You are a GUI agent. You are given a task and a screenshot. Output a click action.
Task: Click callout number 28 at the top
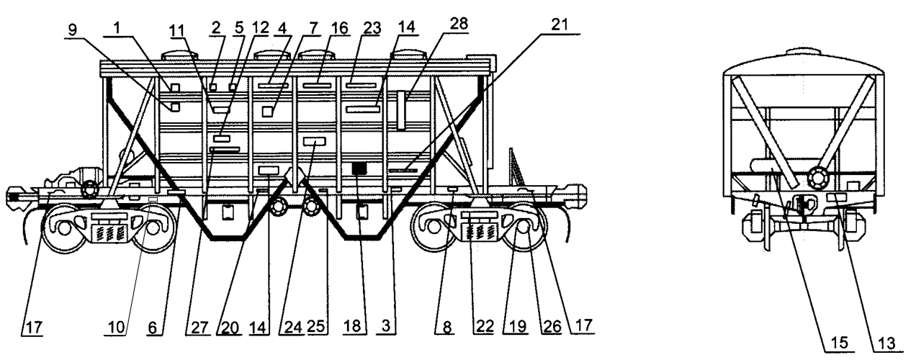459,23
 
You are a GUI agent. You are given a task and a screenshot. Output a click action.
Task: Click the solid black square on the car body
359,168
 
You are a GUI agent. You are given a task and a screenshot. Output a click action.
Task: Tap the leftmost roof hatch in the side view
174,55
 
